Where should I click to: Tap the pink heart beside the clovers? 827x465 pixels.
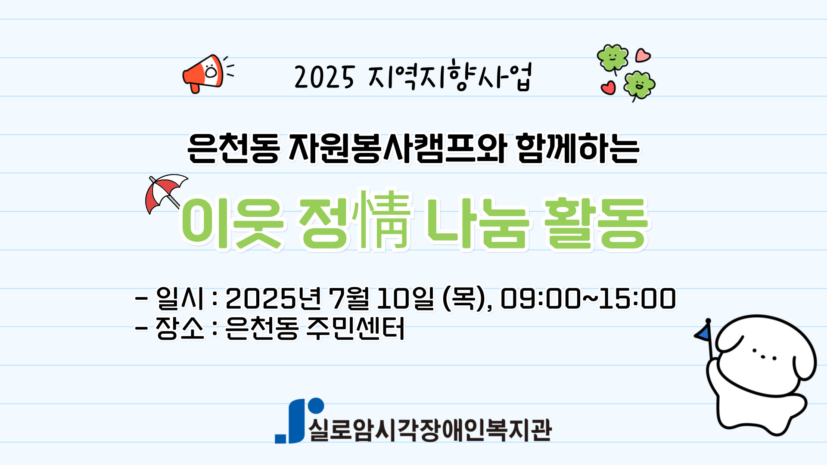[643, 55]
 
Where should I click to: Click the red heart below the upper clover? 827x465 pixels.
[608, 87]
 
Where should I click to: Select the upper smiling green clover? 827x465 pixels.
[612, 58]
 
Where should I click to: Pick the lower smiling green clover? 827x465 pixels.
[639, 85]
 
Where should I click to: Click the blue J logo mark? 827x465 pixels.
[299, 420]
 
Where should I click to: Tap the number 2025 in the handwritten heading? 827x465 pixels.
[324, 77]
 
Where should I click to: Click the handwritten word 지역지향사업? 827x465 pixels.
[450, 77]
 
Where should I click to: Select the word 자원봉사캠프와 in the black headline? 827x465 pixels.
[397, 149]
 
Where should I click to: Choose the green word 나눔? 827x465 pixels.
[477, 223]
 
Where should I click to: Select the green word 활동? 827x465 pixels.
[596, 223]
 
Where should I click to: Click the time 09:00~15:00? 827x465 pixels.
[588, 298]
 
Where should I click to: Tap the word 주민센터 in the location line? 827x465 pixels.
[355, 329]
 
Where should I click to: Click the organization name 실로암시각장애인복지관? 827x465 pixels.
[430, 430]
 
